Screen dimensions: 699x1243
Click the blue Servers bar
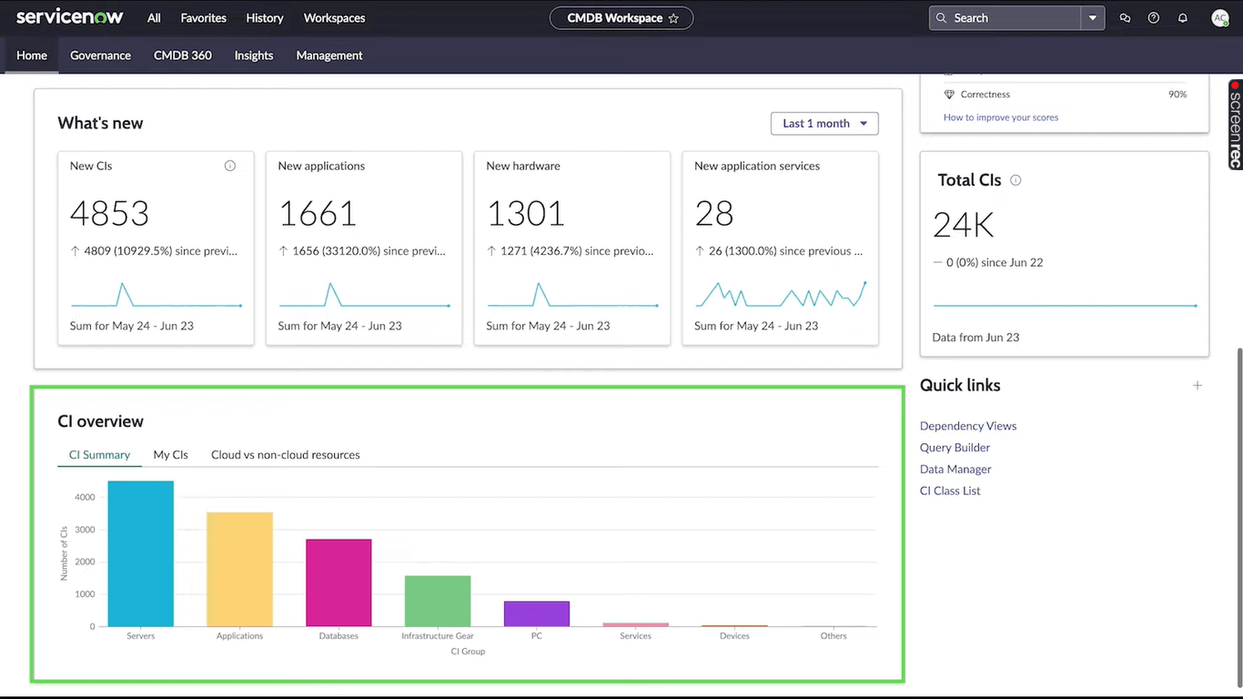(140, 553)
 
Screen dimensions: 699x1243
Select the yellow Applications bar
(239, 569)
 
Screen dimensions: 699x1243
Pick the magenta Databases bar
(339, 582)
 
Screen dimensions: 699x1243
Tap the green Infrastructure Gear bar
(438, 601)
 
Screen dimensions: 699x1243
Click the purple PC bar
(537, 613)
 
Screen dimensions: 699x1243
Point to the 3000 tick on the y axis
(85, 530)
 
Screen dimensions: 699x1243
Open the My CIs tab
(170, 455)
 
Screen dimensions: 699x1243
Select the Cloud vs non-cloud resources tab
(285, 455)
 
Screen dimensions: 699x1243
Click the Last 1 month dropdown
(824, 124)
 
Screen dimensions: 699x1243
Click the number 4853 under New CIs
(109, 214)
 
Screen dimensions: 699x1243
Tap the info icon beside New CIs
(230, 166)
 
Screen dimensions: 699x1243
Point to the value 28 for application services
(713, 214)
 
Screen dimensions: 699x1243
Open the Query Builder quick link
(955, 448)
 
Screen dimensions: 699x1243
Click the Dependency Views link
(968, 426)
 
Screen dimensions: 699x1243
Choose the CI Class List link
(950, 491)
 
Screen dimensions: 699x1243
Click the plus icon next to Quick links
(1198, 386)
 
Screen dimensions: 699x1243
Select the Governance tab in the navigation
(100, 56)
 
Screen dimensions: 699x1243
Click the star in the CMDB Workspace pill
(673, 18)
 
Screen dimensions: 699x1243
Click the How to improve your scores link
(1001, 117)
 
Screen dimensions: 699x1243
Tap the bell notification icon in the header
(1183, 18)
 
